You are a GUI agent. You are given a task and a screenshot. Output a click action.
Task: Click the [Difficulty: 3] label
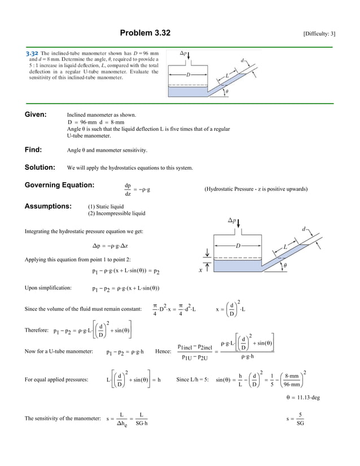coord(319,34)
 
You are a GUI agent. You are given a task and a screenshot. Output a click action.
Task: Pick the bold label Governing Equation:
coord(59,186)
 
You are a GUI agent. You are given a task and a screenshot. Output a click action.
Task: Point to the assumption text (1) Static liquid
coord(106,206)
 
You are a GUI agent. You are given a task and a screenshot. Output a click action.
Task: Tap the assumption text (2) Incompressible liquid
coord(116,213)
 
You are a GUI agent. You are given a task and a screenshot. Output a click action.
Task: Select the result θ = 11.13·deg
coord(303,397)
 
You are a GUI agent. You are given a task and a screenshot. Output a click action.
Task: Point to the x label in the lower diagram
coord(200,270)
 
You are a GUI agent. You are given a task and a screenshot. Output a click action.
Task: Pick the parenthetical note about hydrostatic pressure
coord(256,190)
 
